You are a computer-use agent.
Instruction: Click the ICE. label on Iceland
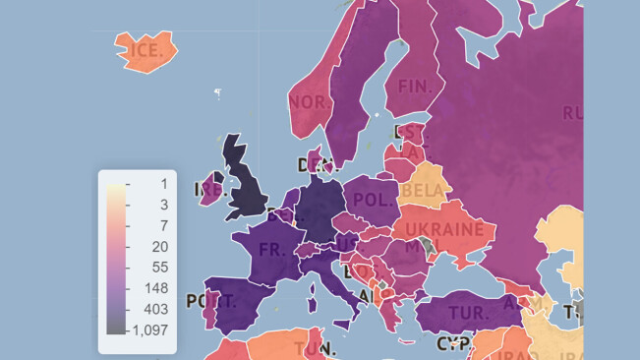(145, 50)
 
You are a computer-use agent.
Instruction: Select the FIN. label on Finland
(416, 87)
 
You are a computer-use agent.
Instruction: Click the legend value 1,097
(150, 330)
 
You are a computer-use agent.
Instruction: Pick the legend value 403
(156, 309)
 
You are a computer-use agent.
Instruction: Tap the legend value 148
(156, 288)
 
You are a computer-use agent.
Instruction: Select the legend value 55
(160, 267)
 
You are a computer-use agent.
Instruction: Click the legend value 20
(160, 246)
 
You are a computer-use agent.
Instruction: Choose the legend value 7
(163, 225)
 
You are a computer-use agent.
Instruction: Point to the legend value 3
(163, 204)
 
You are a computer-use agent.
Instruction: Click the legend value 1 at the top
(163, 183)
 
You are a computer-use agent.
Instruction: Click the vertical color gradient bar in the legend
(116, 258)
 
